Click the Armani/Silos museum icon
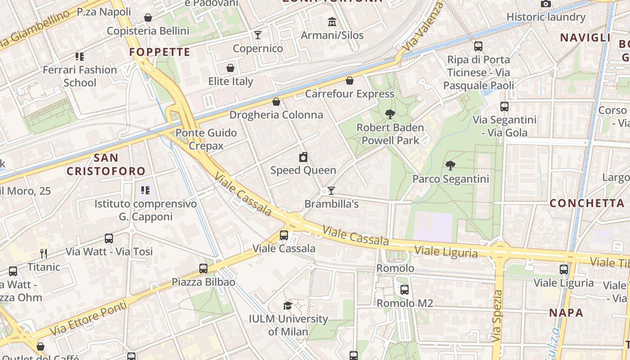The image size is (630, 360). coord(332,22)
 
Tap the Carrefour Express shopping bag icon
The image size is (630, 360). coord(350,81)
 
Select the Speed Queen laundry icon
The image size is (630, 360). coord(304,157)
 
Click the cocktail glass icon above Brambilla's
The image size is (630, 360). coord(331,191)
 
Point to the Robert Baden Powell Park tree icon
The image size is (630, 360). coord(390,114)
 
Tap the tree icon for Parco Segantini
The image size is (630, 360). coord(450,166)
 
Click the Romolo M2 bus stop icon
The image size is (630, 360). coord(405,290)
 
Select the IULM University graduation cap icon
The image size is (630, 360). coord(288,306)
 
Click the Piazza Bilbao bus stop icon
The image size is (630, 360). coord(203,269)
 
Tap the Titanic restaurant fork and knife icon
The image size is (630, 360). coord(44,254)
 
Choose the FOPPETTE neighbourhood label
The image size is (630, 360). coord(160,52)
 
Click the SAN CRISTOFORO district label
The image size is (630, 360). coord(106,164)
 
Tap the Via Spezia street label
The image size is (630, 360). coord(497,315)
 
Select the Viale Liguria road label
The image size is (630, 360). coord(445,252)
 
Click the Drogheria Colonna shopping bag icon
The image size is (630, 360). coord(276,102)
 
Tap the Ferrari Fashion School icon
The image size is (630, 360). coord(80,57)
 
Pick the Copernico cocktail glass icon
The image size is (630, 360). coord(258,35)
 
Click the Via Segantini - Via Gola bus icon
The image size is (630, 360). coord(504,107)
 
